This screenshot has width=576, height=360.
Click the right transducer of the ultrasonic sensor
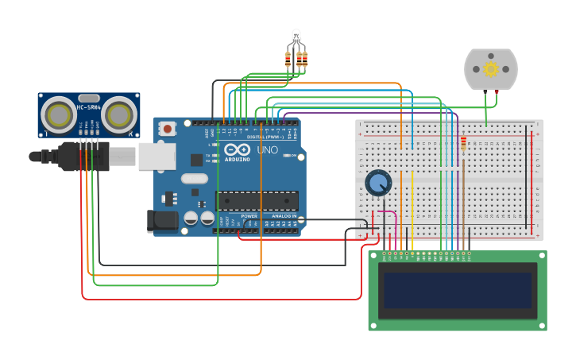click(118, 115)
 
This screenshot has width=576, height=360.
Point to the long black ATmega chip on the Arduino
click(257, 201)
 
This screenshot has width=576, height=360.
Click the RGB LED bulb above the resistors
click(296, 37)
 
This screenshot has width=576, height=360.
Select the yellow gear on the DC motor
click(490, 69)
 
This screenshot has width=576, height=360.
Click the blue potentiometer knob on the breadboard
click(378, 184)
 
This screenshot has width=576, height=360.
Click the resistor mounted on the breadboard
click(464, 144)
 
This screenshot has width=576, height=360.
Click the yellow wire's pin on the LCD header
click(412, 254)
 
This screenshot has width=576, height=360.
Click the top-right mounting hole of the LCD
click(541, 257)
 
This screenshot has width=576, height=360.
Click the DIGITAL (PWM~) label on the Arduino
click(259, 137)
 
